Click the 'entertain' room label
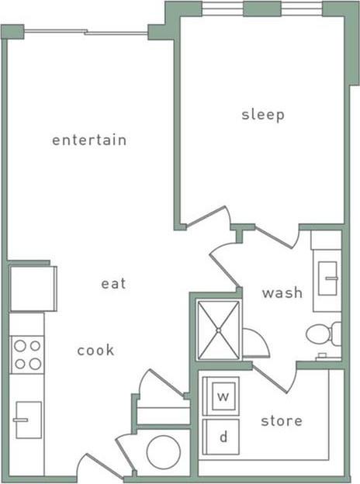pos(89,140)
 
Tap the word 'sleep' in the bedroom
pos(263,115)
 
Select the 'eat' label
pos(113,284)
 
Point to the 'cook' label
pos(95,351)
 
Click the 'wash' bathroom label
pos(282,293)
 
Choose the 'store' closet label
pos(281,421)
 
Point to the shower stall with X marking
pos(219,330)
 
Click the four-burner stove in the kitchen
pos(26,354)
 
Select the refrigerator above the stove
pos(32,288)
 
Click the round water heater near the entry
pos(164,451)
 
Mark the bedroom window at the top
pos(262,9)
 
